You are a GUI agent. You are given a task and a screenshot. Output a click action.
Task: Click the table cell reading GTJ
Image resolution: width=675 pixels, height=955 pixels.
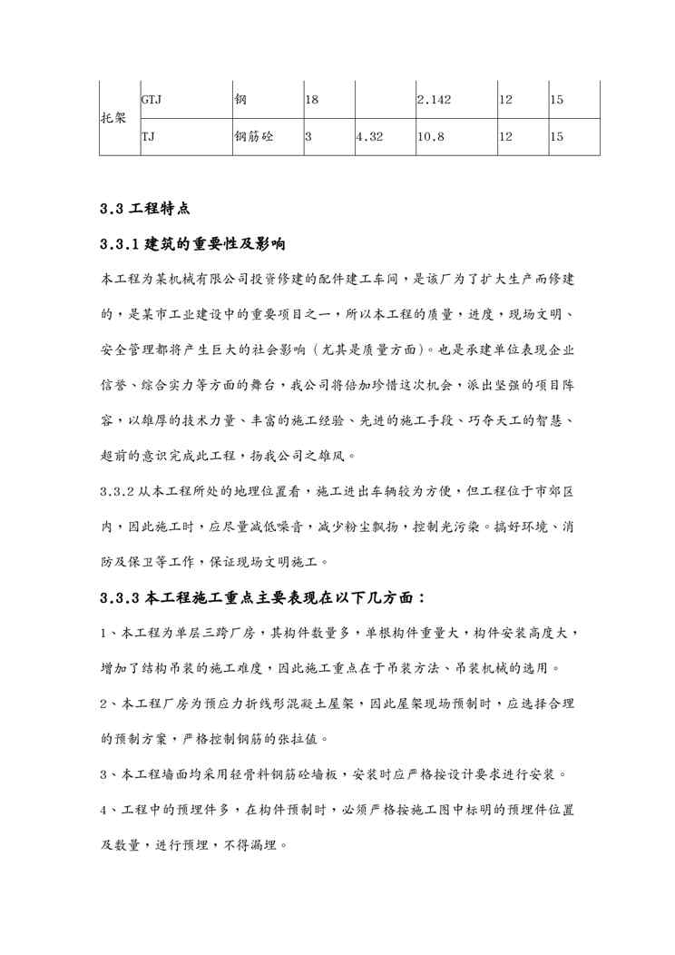pos(152,99)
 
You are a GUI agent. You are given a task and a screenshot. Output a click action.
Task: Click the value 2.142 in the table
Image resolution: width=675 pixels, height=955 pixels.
pos(434,99)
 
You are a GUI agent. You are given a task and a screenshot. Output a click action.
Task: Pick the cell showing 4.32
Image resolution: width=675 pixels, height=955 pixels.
pos(370,137)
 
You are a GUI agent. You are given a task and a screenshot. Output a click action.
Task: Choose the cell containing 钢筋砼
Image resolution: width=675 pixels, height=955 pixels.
pos(254,137)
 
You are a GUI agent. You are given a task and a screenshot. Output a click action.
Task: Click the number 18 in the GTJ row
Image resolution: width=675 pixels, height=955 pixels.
pos(310,99)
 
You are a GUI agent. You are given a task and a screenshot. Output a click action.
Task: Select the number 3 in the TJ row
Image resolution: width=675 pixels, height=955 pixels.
pos(308,137)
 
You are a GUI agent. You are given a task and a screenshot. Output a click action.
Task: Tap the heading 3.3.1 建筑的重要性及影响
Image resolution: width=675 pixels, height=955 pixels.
pos(194,245)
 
